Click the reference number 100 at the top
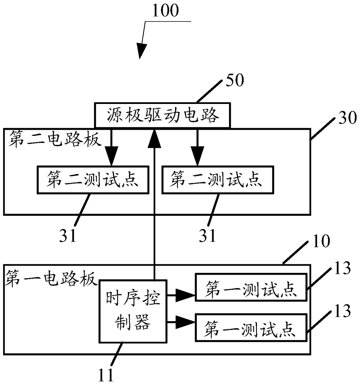click(165, 11)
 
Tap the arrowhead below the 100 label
click(141, 51)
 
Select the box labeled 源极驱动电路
click(162, 115)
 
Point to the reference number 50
click(235, 80)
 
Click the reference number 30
click(348, 118)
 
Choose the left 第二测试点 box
click(93, 180)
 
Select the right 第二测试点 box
click(218, 180)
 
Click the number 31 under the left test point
click(68, 236)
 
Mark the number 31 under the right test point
click(207, 236)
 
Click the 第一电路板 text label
click(51, 279)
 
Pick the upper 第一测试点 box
click(251, 287)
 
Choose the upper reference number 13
click(343, 269)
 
